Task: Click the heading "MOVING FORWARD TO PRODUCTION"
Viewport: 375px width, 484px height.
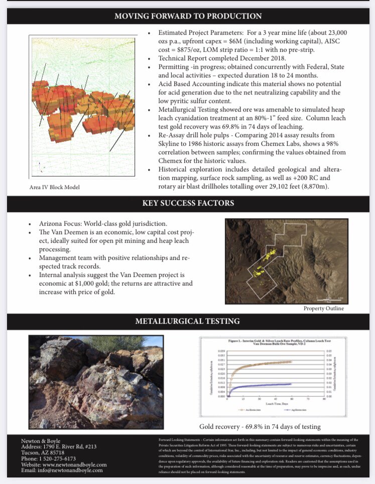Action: [x=187, y=16]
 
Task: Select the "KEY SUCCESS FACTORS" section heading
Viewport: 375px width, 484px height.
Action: [x=187, y=203]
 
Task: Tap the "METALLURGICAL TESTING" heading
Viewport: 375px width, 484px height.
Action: [x=187, y=321]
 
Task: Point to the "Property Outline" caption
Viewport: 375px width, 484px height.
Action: [x=323, y=308]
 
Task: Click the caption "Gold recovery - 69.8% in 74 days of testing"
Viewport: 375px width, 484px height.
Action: [x=260, y=427]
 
